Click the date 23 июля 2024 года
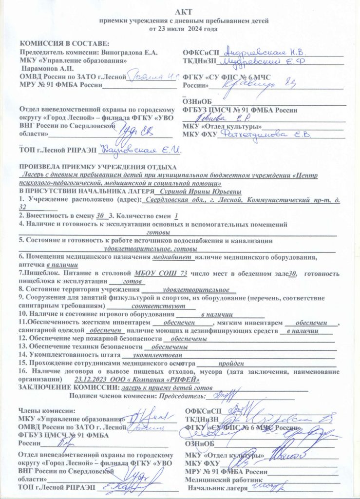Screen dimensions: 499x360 189,29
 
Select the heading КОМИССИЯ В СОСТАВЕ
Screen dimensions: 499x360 64,43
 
